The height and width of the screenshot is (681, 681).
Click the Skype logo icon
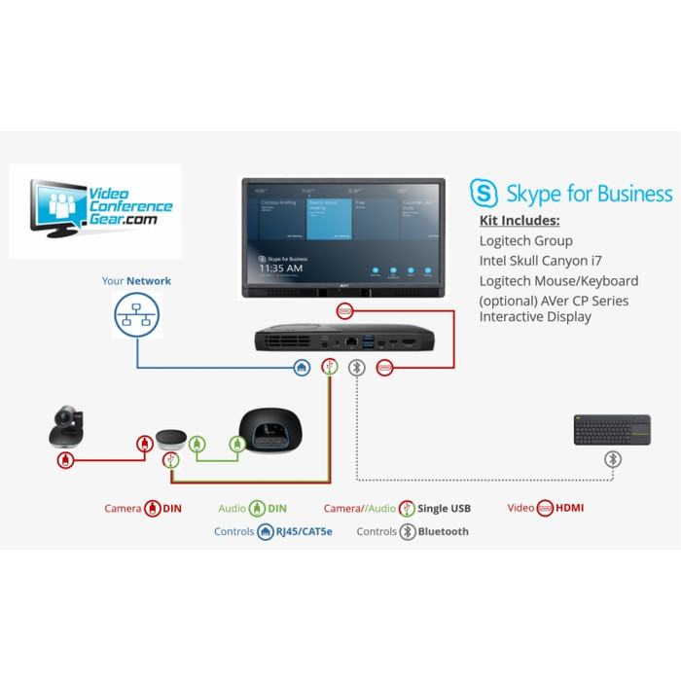click(x=484, y=194)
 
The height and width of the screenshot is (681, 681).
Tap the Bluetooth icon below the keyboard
click(x=612, y=459)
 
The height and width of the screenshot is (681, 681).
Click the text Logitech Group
click(x=525, y=240)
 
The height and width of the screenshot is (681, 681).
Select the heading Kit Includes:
click(x=520, y=221)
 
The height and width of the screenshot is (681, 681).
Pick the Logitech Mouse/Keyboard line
click(x=558, y=281)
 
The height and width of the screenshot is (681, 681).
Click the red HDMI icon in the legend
click(x=545, y=508)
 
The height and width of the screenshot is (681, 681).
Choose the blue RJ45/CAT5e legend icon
click(x=266, y=532)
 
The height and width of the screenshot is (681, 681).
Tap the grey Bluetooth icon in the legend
click(x=409, y=532)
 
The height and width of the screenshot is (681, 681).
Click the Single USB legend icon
click(x=409, y=508)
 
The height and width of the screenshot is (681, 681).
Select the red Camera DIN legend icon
click(x=153, y=508)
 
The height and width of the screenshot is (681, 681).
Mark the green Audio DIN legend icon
click(x=257, y=508)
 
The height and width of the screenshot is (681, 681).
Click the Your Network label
click(x=136, y=281)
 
